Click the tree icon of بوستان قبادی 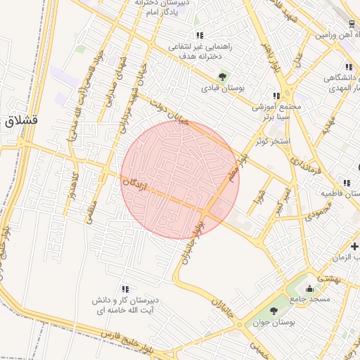223,76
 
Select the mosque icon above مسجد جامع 309,288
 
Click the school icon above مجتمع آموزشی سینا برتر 277,96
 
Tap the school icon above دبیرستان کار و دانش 125,289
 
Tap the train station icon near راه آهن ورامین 352,22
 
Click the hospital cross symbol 355,246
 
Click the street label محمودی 318,208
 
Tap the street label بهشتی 330,278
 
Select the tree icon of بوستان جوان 273,311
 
